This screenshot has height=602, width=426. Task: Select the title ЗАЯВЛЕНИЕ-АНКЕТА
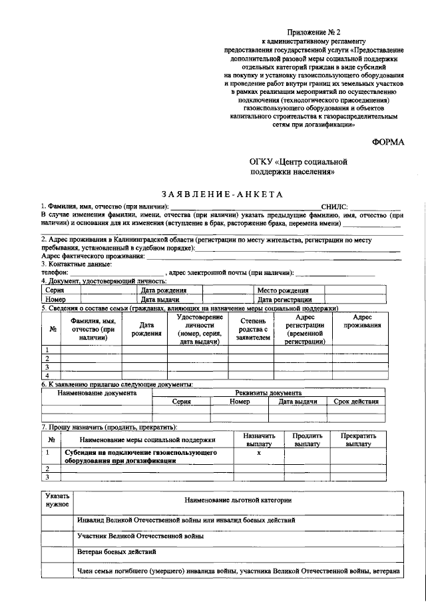pyautogui.click(x=213, y=194)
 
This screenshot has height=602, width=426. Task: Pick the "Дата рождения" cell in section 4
pyautogui.click(x=164, y=291)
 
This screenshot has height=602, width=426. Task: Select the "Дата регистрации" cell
pyautogui.click(x=285, y=300)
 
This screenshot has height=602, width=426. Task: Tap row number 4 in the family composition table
pyautogui.click(x=47, y=376)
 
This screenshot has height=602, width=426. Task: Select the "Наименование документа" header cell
pyautogui.click(x=97, y=393)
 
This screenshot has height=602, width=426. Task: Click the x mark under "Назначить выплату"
pyautogui.click(x=259, y=452)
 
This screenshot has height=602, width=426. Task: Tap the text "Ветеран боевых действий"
pyautogui.click(x=117, y=553)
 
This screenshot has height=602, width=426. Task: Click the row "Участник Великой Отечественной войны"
pyautogui.click(x=140, y=536)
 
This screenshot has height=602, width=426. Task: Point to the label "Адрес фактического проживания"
pyautogui.click(x=93, y=256)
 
